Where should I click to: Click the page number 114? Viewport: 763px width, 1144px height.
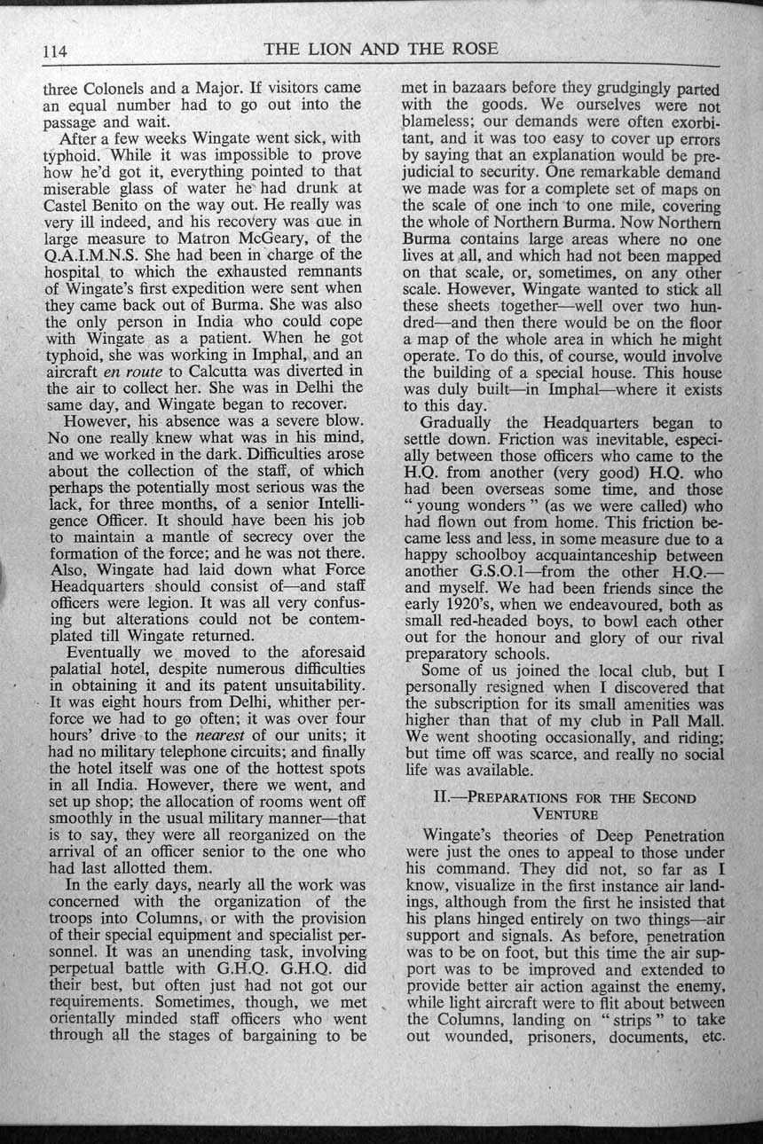point(55,51)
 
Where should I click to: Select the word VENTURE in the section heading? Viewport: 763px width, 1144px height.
point(564,812)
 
